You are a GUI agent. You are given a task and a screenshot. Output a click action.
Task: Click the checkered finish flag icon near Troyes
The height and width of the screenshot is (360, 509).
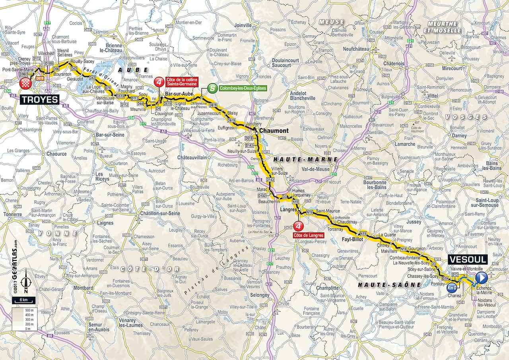point(26,83)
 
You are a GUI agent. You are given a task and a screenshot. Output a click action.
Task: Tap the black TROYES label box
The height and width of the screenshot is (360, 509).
point(40,99)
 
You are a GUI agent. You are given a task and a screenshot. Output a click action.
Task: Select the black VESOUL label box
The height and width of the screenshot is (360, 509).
point(468,259)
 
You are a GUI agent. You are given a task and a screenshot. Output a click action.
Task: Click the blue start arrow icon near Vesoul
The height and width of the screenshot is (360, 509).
point(482,277)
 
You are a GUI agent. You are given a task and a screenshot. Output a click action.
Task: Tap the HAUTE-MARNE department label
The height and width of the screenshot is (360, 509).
point(305,159)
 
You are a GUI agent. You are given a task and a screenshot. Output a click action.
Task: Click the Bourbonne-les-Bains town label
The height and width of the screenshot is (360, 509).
point(375,185)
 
